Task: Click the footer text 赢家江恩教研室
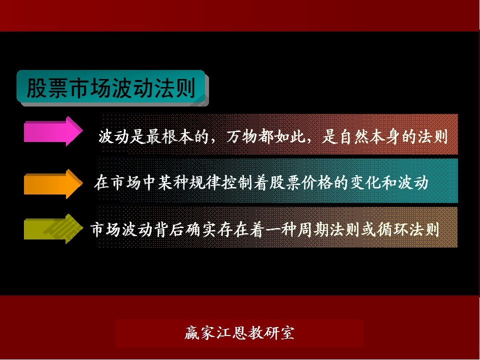[239, 333]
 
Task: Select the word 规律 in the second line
[205, 183]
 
